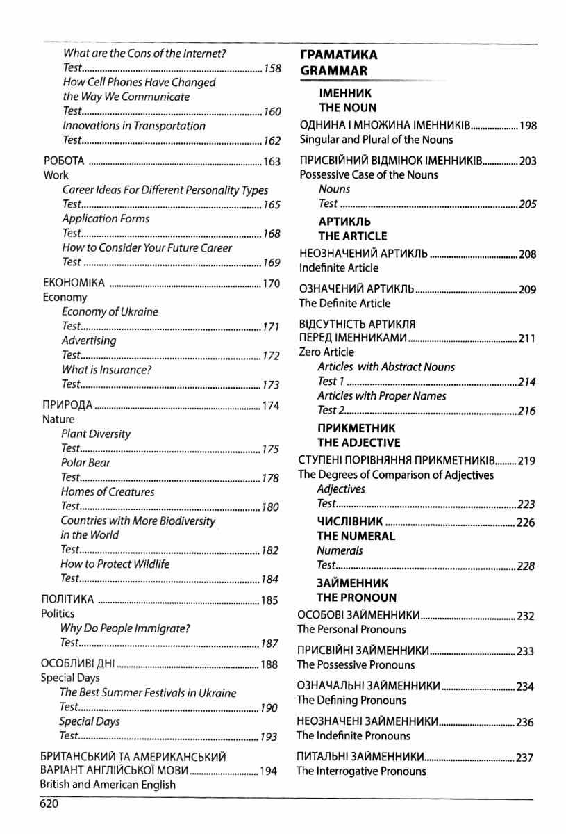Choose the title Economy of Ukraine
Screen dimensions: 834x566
click(110, 311)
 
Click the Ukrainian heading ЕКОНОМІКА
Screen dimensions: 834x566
click(74, 283)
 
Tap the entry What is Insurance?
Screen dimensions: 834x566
click(106, 370)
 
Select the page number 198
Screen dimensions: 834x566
click(528, 126)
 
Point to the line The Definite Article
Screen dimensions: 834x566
click(344, 303)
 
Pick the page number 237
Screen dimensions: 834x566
click(525, 756)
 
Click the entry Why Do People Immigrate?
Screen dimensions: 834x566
click(125, 628)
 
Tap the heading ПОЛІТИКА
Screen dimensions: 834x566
click(67, 599)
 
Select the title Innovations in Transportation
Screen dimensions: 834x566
click(134, 126)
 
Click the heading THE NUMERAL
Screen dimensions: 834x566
click(356, 536)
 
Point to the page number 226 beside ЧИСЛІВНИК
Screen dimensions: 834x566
click(526, 523)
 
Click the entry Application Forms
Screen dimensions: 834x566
click(106, 219)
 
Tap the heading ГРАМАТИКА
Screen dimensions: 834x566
click(339, 55)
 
